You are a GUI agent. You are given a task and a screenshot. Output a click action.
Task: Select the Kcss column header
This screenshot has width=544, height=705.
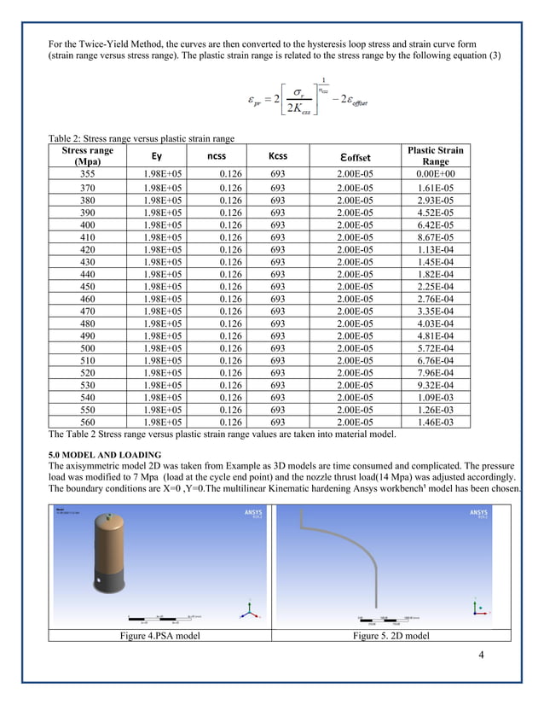tap(277, 156)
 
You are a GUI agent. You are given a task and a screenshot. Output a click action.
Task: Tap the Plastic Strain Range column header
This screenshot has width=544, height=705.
tap(436, 155)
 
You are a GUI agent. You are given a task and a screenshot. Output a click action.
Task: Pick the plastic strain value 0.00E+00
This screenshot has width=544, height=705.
tap(436, 172)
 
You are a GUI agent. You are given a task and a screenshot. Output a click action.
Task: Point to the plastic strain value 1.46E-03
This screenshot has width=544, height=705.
tap(436, 422)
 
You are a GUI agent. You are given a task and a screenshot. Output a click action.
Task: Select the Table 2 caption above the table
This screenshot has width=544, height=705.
tap(140, 137)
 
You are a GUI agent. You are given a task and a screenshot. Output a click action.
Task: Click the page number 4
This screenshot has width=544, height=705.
tap(482, 655)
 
